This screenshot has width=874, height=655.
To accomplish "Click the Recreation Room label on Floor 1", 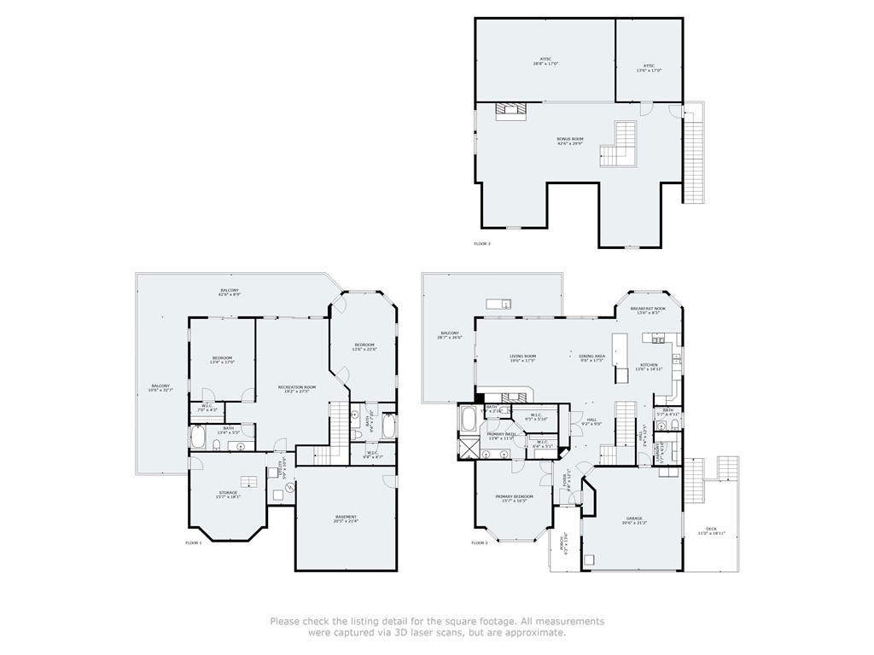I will [x=297, y=390].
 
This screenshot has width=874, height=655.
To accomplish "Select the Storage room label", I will [x=228, y=495].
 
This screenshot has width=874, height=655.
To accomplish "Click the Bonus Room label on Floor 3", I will [x=569, y=141].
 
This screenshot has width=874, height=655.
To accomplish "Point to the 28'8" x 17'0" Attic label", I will [x=545, y=61].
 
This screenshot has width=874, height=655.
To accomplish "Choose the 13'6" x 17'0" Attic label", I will [x=650, y=67].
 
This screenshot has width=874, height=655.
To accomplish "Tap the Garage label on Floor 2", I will [x=634, y=520].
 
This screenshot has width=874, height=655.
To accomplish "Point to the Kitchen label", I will [x=650, y=367].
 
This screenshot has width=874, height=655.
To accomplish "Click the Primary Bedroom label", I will [x=515, y=498].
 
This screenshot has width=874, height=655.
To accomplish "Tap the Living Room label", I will [x=522, y=358].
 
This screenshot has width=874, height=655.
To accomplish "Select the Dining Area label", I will [x=592, y=358].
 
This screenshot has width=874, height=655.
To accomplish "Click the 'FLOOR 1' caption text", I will [x=194, y=542].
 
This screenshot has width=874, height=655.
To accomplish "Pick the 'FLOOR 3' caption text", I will [x=482, y=244].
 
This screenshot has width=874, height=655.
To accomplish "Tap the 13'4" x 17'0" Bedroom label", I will [x=222, y=360].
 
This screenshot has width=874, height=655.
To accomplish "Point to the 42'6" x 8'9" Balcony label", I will [x=230, y=293].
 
